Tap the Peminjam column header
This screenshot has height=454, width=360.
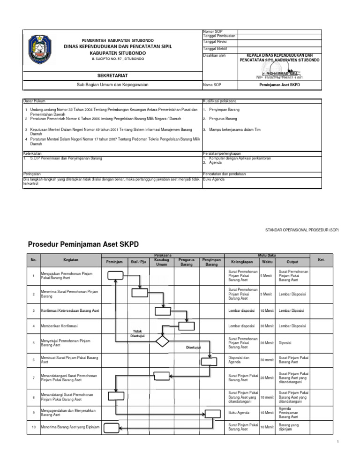pos(114,262)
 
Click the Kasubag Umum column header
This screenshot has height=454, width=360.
pos(162,262)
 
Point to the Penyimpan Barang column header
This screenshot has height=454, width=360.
pos(211,262)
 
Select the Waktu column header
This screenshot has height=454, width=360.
pos(267,262)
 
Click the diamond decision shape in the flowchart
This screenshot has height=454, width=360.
pos(162,340)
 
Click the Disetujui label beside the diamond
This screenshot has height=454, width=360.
pos(194,348)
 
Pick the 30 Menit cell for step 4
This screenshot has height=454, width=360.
pos(267,326)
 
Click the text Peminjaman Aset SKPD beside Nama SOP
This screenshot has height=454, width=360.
pos(279,85)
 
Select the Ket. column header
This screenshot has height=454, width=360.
pos(321,259)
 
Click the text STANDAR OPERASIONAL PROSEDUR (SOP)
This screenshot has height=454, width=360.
pos(301,230)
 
